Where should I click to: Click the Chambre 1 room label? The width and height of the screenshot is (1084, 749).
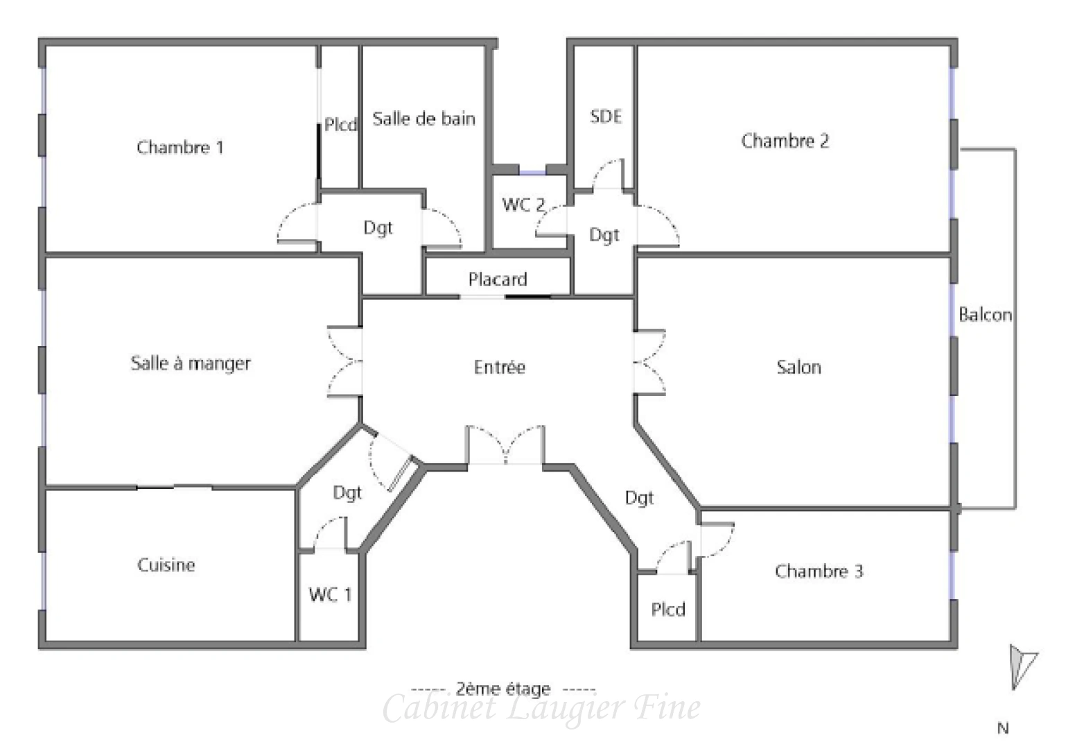pos(180,147)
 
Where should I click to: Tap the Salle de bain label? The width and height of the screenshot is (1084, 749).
pos(423,119)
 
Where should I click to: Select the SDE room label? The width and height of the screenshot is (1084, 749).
pos(606,117)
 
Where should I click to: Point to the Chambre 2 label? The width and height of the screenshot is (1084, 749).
pos(785,141)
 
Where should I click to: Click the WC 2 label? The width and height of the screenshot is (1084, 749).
pos(523,205)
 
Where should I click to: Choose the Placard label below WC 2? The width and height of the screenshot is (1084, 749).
pos(498,279)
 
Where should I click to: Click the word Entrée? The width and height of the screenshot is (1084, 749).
pos(499,367)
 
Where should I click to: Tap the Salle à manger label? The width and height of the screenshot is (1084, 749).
pos(191,363)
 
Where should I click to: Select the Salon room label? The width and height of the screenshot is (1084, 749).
pos(798,367)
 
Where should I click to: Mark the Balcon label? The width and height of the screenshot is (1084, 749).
pos(985,315)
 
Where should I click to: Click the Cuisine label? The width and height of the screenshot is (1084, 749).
pos(166,565)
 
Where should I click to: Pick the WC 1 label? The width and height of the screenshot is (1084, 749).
pos(330,594)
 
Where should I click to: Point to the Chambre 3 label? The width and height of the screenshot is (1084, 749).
pos(819,571)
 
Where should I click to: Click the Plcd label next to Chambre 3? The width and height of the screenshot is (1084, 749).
pos(668,610)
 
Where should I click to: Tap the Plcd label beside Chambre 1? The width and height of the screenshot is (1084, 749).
pos(340,125)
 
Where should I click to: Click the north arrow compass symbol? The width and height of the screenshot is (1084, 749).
pos(1021,666)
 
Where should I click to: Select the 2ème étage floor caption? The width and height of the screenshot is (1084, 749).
pos(503,689)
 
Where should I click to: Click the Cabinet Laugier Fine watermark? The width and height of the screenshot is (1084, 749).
pos(541,708)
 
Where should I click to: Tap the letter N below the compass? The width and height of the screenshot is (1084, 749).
pos(1002,728)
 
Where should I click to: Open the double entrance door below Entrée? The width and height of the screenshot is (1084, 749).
pos(505,446)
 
